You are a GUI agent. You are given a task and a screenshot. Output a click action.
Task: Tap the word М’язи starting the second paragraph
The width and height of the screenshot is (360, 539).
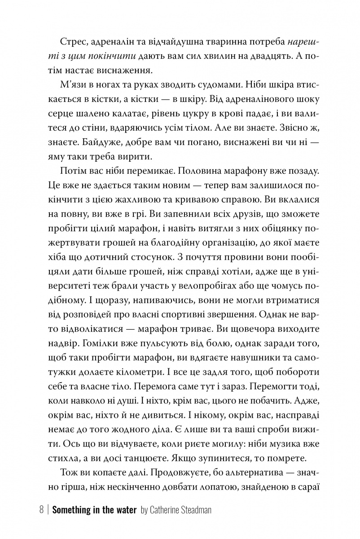click(x=73, y=85)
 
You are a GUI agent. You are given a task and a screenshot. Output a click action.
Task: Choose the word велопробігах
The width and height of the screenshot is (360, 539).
click(x=181, y=284)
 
